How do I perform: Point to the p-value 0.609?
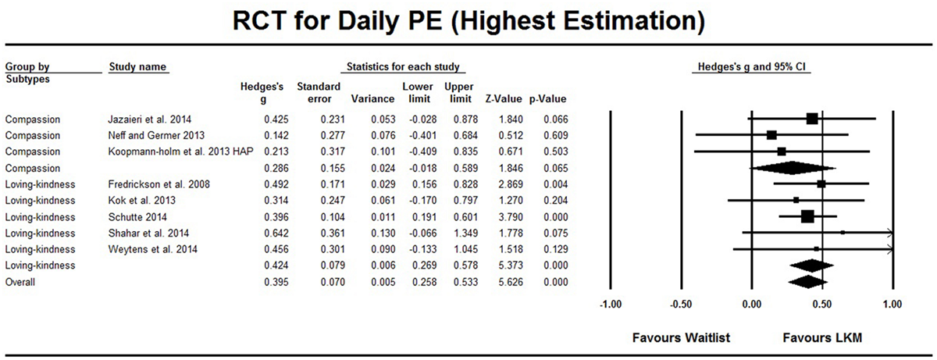point(554,135)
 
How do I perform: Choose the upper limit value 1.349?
point(458,233)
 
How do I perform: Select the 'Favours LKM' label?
point(821,339)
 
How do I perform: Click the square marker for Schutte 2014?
point(807,216)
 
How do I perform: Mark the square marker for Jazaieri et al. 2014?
point(812,119)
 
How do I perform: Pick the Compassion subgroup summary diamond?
point(792,167)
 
